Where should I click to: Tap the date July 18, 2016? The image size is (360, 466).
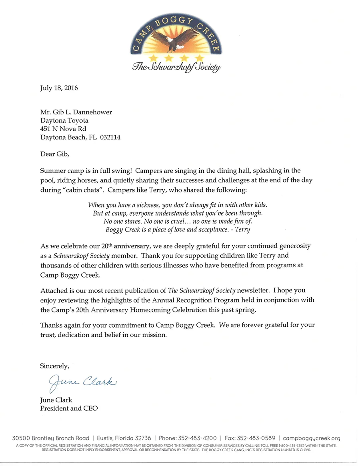59,88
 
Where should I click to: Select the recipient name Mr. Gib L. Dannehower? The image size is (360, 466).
76,112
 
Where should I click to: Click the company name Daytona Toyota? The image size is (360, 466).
64,120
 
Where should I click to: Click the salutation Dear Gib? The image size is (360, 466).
57,154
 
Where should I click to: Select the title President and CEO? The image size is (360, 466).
69,408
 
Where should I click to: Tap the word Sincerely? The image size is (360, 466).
55,366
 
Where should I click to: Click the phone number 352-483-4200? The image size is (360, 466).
198,438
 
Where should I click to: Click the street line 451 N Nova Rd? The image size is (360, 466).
63,129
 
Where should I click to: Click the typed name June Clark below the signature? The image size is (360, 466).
56,400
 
